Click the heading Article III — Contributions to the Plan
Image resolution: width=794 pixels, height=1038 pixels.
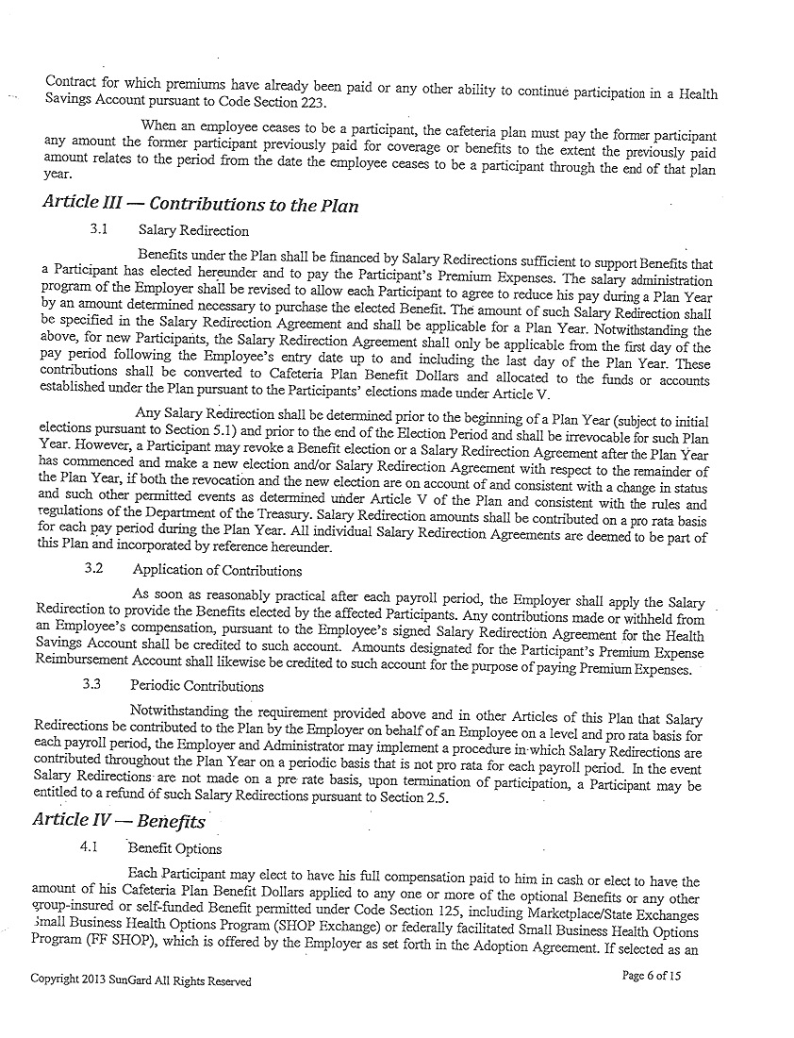200,205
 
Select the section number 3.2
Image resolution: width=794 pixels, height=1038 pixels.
93,569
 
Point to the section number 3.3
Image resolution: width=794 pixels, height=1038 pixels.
91,685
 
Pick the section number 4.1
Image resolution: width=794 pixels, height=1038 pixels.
92,847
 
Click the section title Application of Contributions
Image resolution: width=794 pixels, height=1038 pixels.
217,570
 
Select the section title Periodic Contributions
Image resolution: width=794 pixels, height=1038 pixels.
197,686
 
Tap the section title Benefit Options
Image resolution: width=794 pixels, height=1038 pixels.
174,848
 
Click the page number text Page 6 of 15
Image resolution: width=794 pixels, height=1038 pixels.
652,976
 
